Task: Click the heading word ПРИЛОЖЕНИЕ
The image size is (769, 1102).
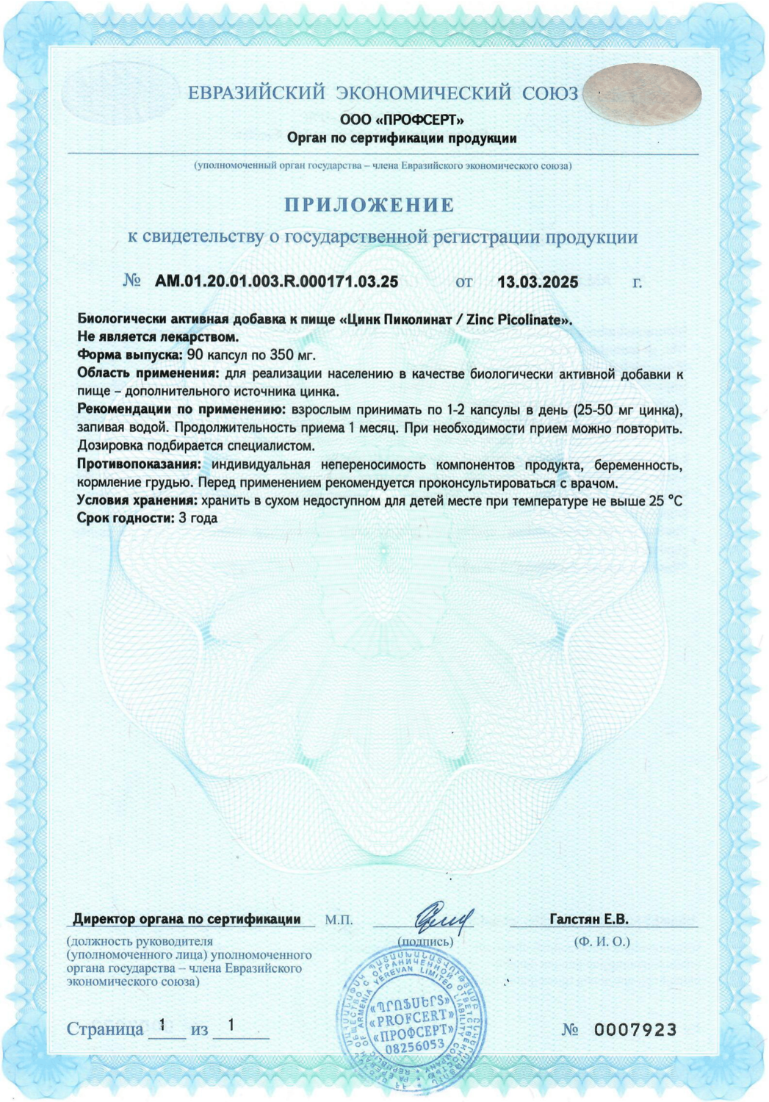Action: coord(369,205)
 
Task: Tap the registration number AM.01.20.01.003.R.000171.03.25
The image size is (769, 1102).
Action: coord(276,281)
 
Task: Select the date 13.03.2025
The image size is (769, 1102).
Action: coord(538,282)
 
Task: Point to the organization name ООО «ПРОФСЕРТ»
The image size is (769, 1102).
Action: coord(402,120)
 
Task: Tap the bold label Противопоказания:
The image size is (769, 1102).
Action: coord(139,464)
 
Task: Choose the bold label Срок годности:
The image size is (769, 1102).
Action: coord(125,518)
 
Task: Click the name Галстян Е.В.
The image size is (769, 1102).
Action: coord(588,919)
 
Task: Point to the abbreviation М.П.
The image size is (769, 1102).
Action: coord(339,920)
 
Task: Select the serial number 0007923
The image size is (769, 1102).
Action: coord(635,1030)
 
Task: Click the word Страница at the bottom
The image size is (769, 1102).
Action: coord(105,1029)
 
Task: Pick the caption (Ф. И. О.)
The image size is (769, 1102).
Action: coord(602,941)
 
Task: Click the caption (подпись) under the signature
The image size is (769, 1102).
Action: coord(425,941)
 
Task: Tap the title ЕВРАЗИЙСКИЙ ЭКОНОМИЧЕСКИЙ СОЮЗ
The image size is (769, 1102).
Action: coord(383,93)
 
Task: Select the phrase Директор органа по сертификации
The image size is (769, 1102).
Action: coord(187,919)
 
